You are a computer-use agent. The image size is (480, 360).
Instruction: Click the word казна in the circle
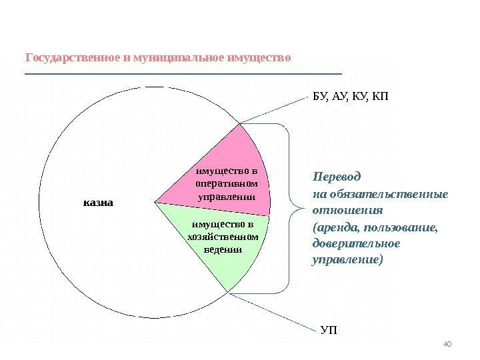pos(99,201)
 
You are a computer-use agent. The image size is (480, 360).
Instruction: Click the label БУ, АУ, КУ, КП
pos(349,96)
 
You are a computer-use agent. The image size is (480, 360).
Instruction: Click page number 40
pos(447,343)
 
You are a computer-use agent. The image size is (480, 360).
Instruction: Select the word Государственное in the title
pos(73,57)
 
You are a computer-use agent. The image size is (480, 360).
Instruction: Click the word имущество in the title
pos(259,57)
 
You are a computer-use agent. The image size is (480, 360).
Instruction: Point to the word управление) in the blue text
pos(349,259)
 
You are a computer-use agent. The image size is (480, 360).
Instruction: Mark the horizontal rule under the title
pos(183,73)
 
